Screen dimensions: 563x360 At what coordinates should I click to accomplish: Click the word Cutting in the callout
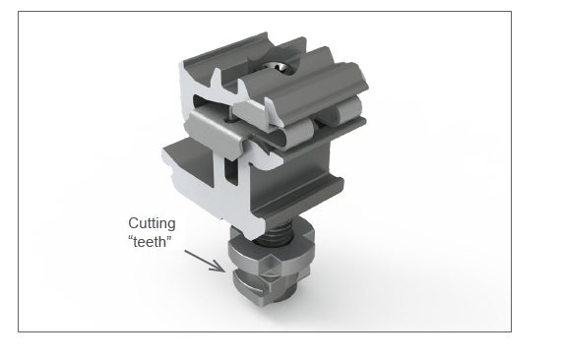coord(152,223)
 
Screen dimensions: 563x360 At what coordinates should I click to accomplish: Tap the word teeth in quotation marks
coord(150,242)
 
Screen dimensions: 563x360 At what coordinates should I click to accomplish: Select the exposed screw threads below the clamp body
coord(277,232)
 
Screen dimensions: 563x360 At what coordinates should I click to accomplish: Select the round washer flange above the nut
coord(271,251)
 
